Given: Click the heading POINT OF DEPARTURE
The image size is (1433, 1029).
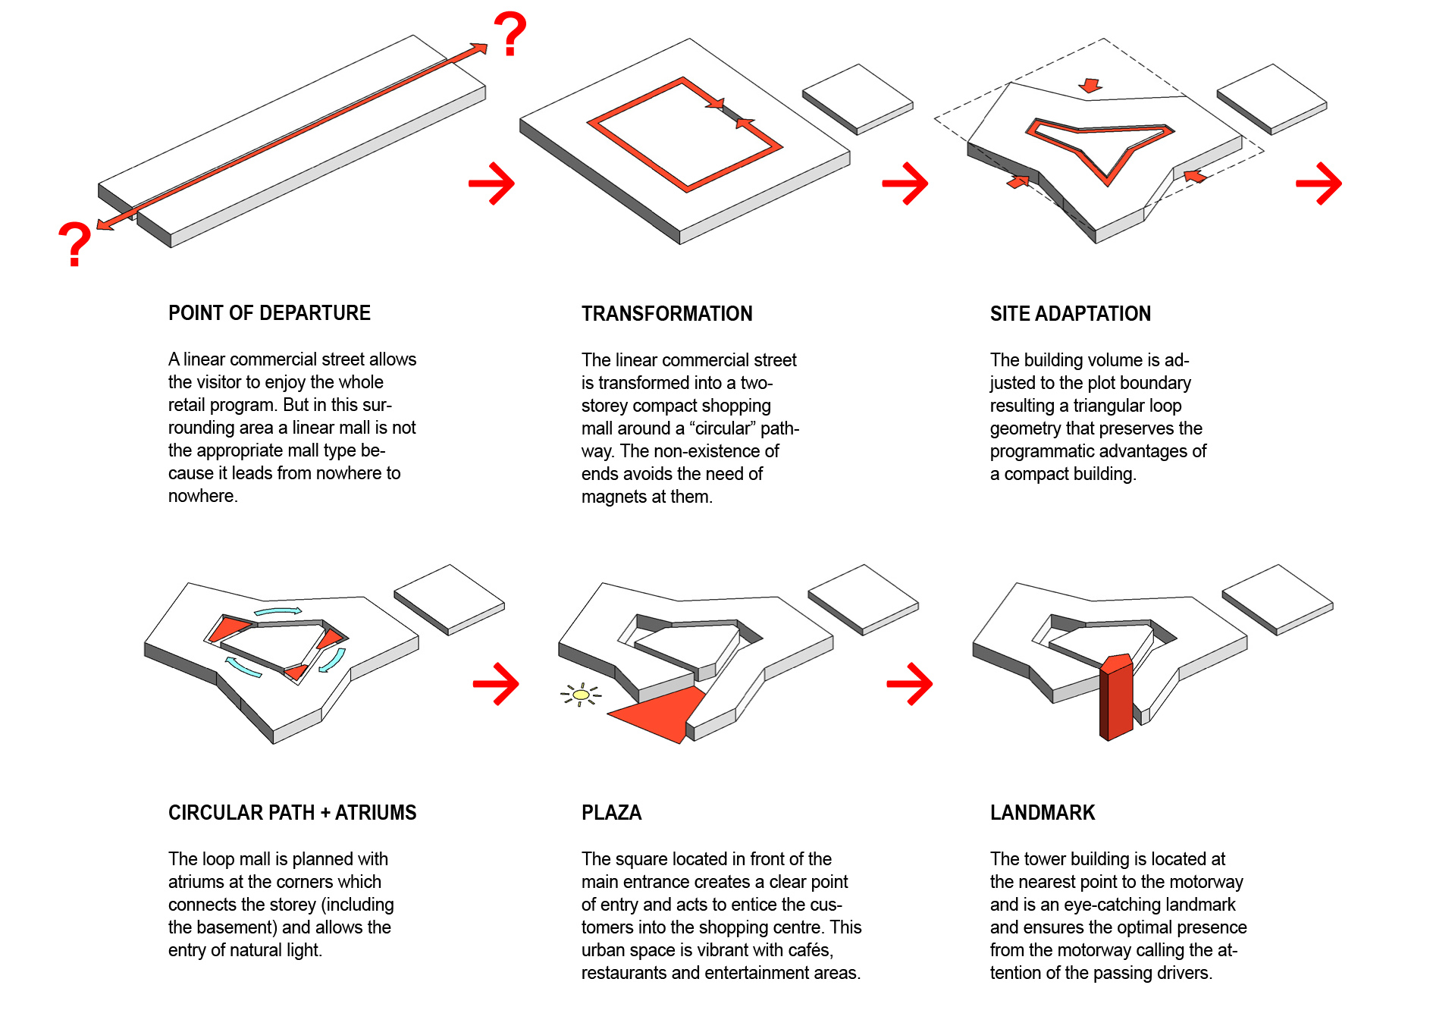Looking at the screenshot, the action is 269,313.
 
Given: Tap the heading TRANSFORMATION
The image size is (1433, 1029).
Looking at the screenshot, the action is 666,314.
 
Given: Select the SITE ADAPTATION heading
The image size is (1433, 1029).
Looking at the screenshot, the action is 1070,314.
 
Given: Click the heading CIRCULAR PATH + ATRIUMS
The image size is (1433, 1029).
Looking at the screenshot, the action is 292,813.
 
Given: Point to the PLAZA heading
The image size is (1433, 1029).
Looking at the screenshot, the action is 611,813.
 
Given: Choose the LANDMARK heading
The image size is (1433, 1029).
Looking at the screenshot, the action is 1043,813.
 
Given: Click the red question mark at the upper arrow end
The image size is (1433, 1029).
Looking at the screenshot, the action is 510,34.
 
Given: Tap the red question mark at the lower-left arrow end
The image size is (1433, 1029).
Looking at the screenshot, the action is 74,244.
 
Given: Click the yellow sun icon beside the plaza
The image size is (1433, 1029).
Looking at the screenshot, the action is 581,695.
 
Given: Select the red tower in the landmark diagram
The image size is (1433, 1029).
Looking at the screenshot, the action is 1116,696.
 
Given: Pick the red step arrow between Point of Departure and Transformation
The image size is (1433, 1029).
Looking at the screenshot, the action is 492,184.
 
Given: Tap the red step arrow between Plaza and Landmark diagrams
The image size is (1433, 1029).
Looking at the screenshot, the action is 910,684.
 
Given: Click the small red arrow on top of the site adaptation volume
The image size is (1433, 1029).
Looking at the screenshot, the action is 1090,86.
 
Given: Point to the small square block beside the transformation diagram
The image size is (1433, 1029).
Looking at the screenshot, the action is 858,99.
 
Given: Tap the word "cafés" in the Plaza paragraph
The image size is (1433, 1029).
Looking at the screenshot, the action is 811,950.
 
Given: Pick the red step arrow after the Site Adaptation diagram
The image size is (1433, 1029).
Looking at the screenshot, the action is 1319,184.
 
